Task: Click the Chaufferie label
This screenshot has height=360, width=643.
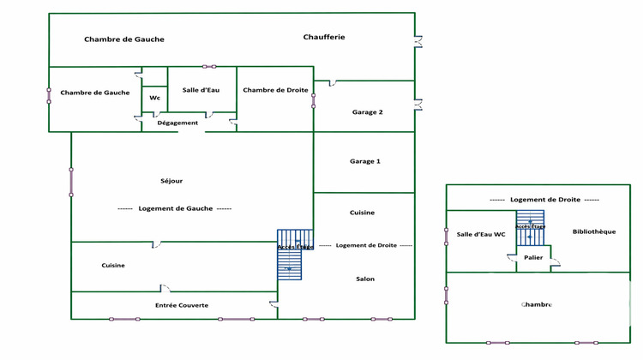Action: coord(324,37)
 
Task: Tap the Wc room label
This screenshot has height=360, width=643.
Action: coord(154,98)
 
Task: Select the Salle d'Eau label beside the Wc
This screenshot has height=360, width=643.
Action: coord(202,90)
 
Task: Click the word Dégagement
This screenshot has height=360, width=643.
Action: coord(177,123)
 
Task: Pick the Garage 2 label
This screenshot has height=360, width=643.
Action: coord(367,112)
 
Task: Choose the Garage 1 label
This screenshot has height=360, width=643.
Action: coord(365,161)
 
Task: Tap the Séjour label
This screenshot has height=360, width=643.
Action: coord(171,181)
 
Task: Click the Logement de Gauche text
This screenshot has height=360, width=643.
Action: coord(175,208)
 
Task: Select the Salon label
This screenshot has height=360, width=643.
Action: coord(365,279)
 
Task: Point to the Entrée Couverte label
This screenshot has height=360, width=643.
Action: coord(182,305)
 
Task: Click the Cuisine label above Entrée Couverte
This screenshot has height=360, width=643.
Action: coord(113,265)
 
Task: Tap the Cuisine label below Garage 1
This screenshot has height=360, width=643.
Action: coord(362,213)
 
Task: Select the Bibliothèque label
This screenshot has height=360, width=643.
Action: coord(593,231)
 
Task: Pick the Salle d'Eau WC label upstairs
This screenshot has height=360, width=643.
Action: coord(480,235)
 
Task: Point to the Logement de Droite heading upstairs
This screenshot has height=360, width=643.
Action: coord(545,199)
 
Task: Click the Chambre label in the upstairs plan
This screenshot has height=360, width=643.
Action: coord(536,304)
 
